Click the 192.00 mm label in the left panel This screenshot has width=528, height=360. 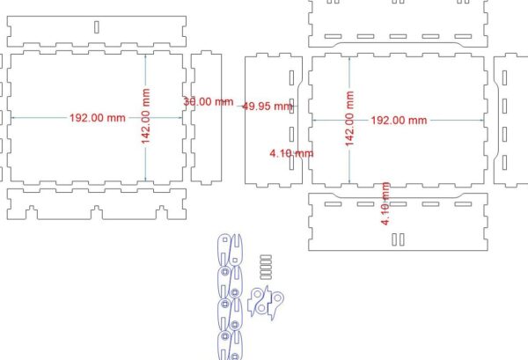click(98, 118)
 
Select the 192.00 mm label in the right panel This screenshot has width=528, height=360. click(399, 121)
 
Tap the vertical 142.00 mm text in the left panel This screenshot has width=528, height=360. click(145, 116)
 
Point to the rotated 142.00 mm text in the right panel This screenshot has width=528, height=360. click(350, 119)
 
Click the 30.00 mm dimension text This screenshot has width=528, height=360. click(209, 101)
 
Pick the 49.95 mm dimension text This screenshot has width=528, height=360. click(268, 107)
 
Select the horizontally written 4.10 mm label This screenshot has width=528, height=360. click(291, 153)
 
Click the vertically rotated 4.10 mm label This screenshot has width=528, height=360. click(385, 203)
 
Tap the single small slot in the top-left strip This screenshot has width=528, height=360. click(97, 27)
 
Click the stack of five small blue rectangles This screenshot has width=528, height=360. click(266, 267)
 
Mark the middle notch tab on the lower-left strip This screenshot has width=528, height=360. click(96, 212)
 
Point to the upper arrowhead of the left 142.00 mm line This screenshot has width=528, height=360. click(145, 56)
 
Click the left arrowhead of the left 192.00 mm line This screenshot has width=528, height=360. click(13, 118)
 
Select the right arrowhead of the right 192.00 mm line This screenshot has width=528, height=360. click(481, 120)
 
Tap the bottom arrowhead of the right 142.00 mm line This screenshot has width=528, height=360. click(350, 181)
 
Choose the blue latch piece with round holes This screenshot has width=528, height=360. click(266, 303)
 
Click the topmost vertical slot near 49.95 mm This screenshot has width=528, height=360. click(291, 77)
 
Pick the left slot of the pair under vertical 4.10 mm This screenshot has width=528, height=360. click(394, 239)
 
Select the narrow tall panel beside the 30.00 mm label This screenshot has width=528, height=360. click(206, 118)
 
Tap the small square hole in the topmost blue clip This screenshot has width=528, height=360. click(225, 239)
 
